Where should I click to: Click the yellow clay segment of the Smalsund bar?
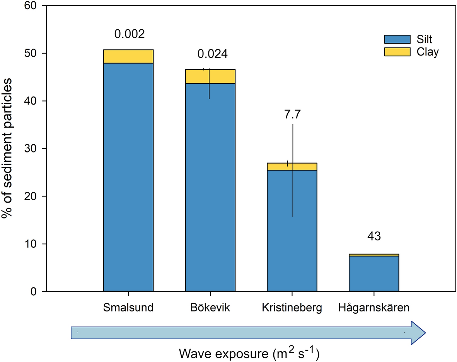click(x=128, y=56)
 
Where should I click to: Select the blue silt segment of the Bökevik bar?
click(x=193, y=185)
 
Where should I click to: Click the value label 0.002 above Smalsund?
click(x=129, y=34)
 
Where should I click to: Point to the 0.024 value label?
click(x=212, y=54)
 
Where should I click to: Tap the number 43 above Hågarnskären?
click(x=374, y=236)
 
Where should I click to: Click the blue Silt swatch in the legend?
click(x=397, y=39)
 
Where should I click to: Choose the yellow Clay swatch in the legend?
click(x=397, y=52)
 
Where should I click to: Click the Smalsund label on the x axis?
click(x=129, y=308)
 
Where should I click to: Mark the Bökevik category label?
click(x=210, y=308)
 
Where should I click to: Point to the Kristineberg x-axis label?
click(x=292, y=308)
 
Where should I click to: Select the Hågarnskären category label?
click(x=374, y=308)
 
